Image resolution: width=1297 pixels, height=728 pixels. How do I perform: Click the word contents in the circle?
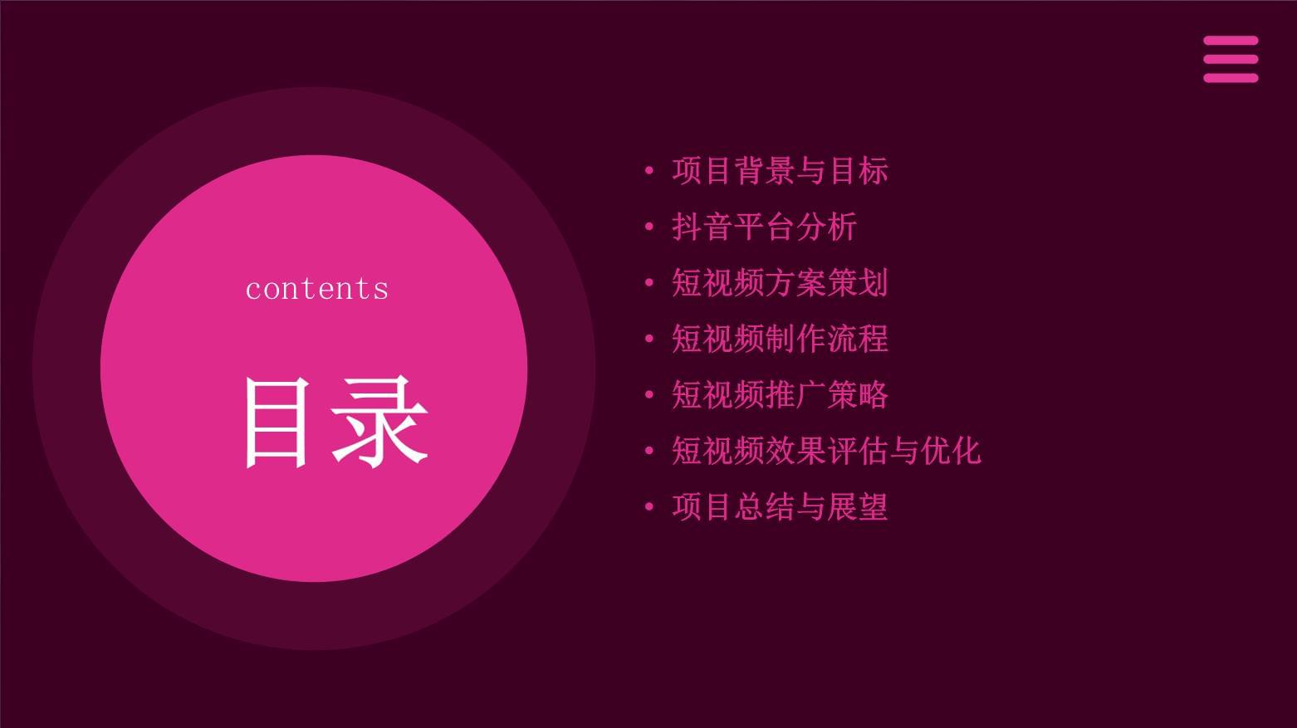(316, 289)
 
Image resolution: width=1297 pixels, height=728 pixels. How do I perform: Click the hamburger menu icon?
(1231, 59)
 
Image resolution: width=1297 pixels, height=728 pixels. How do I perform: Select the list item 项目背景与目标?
(780, 171)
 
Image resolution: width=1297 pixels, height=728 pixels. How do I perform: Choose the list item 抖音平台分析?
(764, 227)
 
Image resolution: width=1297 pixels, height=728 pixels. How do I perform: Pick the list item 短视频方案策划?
(780, 283)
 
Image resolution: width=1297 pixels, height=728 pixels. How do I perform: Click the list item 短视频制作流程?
(780, 339)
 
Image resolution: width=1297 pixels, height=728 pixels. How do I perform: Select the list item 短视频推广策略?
(780, 395)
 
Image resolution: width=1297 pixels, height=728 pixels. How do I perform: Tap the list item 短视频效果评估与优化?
(826, 451)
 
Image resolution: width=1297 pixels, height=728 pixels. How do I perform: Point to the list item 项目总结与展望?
(780, 506)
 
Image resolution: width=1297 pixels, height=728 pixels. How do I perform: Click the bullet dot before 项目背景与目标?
(649, 171)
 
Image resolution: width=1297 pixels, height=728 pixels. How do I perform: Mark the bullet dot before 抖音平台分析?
(649, 227)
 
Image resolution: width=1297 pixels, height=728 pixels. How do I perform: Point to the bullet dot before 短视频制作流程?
(649, 339)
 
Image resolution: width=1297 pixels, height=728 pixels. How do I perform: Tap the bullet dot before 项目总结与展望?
(649, 506)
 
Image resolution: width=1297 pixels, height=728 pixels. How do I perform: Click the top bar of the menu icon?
(1231, 40)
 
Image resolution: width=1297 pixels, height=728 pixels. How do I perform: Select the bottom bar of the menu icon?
(1231, 78)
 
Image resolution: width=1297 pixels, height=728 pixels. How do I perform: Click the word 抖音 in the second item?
(702, 227)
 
